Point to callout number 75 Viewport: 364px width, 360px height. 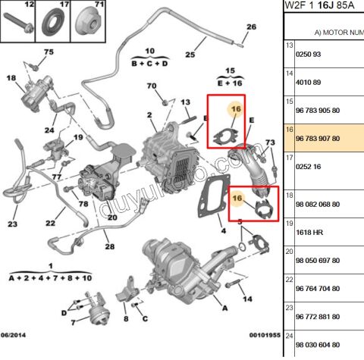pos(49,52)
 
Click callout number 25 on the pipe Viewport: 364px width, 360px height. pos(190,54)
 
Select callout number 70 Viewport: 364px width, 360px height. pos(151,86)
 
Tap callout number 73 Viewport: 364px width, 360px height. pos(270,144)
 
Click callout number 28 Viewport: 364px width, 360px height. pos(109,246)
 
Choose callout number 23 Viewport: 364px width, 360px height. pos(12,224)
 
